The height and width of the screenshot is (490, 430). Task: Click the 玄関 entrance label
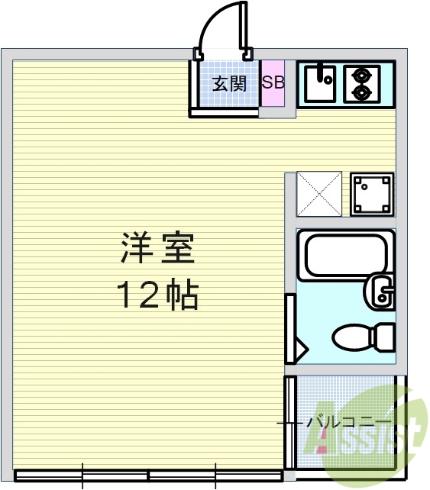click(228, 84)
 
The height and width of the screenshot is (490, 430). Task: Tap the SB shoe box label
click(273, 82)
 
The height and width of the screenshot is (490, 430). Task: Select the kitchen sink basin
click(322, 83)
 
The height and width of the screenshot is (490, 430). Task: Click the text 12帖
click(157, 294)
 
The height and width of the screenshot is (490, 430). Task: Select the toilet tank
click(384, 336)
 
